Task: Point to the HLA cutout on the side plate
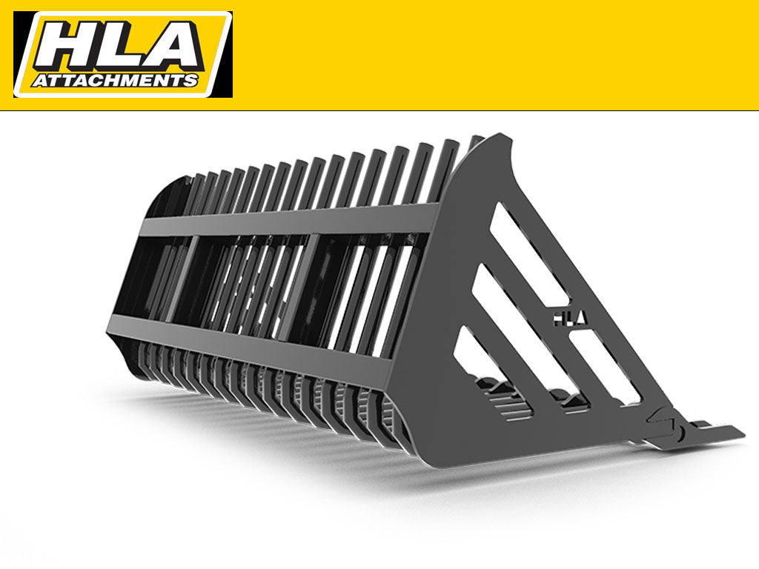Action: (x=569, y=316)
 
